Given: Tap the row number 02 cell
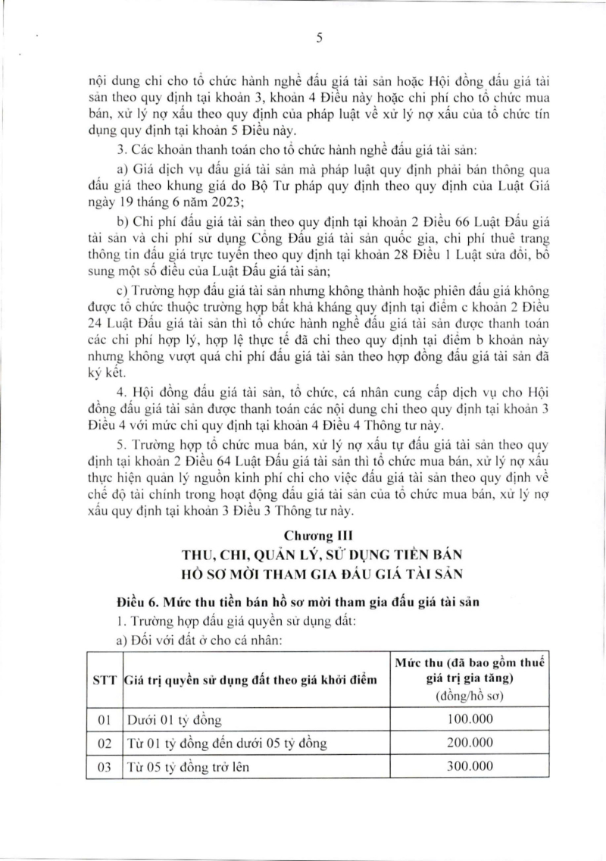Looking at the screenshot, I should [x=105, y=742].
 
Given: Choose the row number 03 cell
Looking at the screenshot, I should [x=105, y=767].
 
